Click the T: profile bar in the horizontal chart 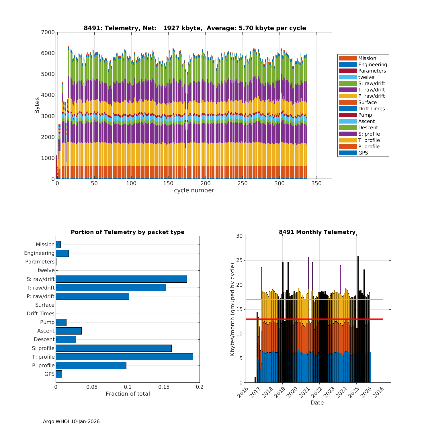(x=124, y=357)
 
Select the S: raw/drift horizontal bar (x=121, y=279)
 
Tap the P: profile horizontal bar (x=91, y=365)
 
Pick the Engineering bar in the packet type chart (x=62, y=253)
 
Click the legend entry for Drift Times (x=372, y=109)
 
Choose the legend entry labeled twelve (x=366, y=77)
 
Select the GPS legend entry (x=363, y=153)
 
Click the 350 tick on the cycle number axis (x=316, y=183)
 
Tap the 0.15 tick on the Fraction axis (x=164, y=387)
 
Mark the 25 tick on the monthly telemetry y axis (x=239, y=261)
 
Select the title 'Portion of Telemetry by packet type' (x=128, y=232)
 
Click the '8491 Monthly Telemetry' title (x=317, y=232)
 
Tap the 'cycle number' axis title (x=194, y=190)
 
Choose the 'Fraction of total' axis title (x=128, y=394)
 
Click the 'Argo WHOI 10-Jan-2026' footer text (x=71, y=421)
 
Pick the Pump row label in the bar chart (x=47, y=322)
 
